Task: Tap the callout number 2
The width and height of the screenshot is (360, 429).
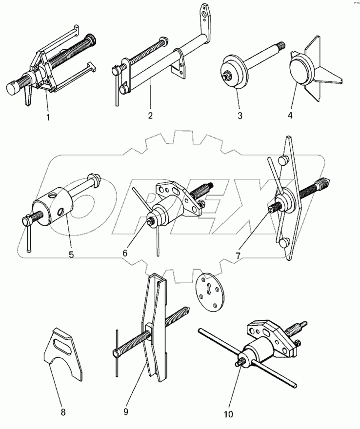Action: [150, 116]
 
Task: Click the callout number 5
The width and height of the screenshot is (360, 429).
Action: [71, 254]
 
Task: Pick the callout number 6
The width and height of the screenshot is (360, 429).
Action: [125, 253]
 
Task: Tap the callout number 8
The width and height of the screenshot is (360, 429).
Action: [62, 412]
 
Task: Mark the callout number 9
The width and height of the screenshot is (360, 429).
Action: [125, 412]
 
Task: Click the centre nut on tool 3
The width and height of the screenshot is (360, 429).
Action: [228, 77]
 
